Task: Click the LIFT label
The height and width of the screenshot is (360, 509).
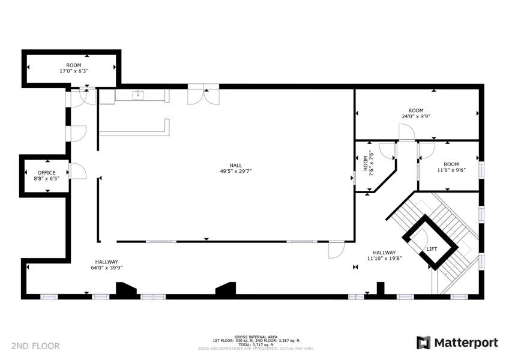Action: [432, 249]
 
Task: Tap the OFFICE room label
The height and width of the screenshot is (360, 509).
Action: [46, 173]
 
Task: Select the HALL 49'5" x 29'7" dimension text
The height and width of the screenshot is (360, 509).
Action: [236, 168]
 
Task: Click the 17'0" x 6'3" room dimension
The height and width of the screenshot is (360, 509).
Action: [74, 71]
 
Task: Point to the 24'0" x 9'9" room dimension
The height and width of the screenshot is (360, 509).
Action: [416, 116]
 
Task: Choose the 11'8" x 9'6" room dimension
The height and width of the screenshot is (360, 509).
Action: [451, 170]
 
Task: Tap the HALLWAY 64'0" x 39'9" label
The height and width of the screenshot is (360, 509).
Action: [106, 265]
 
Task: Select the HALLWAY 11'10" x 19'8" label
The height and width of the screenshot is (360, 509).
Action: [384, 256]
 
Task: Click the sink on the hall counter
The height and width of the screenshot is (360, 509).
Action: [138, 95]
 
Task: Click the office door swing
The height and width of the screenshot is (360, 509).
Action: [78, 171]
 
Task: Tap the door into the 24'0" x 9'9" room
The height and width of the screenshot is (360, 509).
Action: [407, 133]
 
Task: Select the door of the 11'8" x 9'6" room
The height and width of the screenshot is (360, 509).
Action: [427, 151]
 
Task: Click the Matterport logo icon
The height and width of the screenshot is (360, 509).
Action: [424, 343]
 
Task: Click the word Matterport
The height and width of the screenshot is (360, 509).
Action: [466, 343]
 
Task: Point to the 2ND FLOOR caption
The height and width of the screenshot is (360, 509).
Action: [35, 346]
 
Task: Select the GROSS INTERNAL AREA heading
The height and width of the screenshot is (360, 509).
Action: [256, 337]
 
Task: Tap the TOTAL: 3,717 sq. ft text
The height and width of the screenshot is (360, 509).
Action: [256, 345]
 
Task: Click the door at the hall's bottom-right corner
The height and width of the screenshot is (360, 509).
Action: [336, 250]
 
